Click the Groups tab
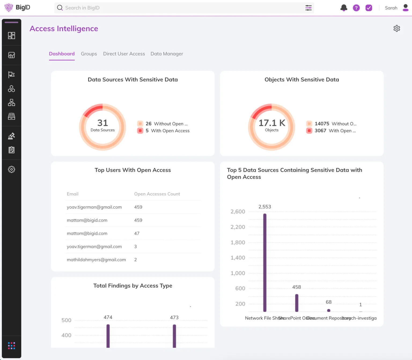89,54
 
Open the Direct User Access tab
124,54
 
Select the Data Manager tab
167,54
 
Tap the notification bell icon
344,8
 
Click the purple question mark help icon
356,8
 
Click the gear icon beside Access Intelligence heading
396,28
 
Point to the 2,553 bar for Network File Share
265,263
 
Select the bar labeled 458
297,303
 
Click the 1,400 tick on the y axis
238,258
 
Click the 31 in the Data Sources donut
102,123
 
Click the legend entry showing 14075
331,124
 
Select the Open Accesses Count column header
157,194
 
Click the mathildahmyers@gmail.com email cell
96,260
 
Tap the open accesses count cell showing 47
137,233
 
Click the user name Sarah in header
391,8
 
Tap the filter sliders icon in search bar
308,8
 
